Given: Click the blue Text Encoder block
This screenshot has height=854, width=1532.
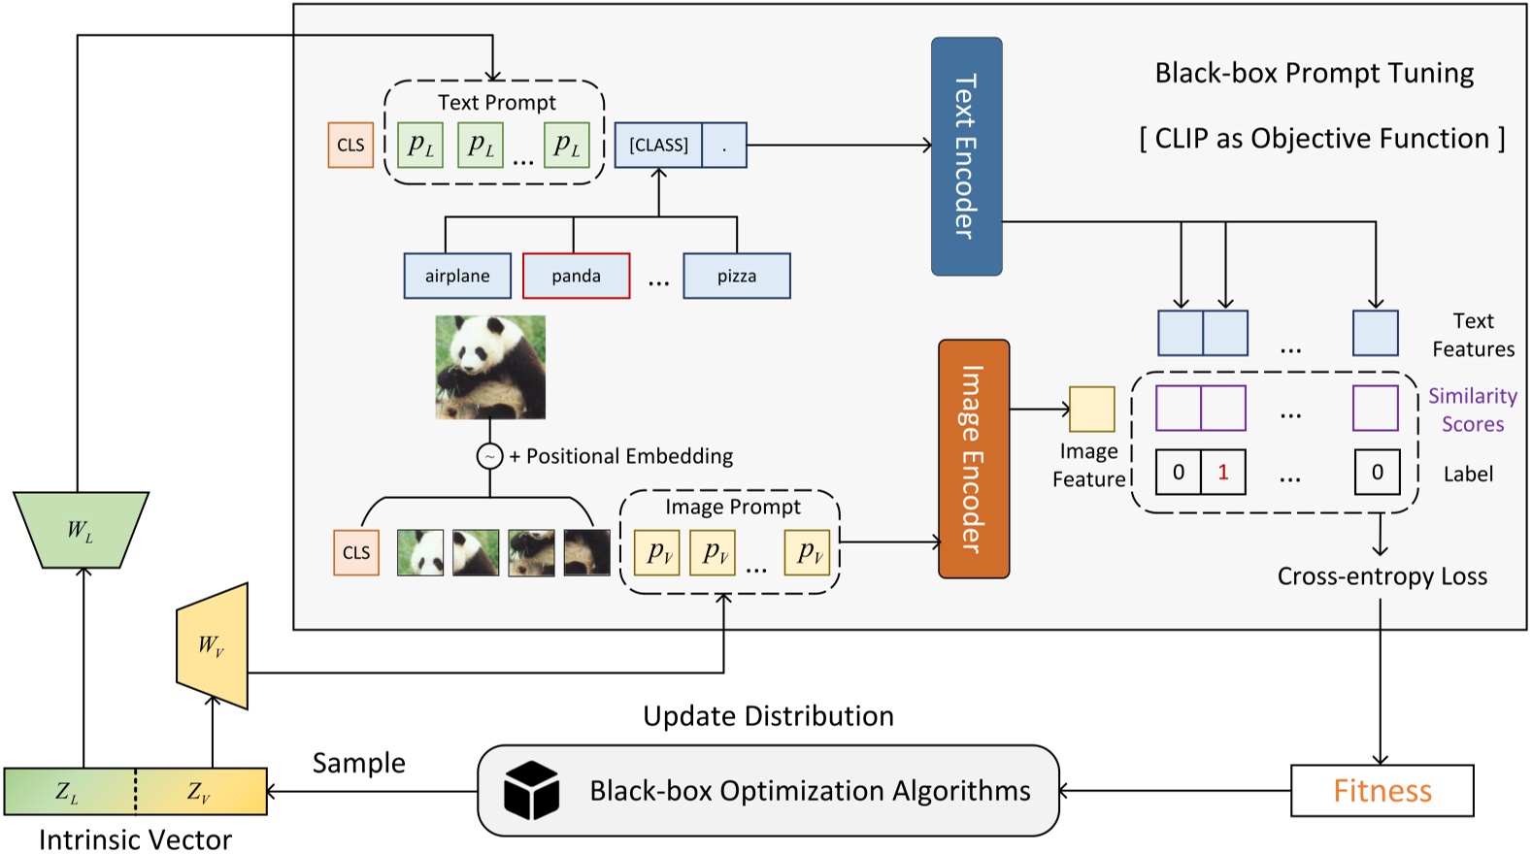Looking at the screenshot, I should click(966, 156).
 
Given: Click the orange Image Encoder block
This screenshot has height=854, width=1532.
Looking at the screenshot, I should click(974, 459).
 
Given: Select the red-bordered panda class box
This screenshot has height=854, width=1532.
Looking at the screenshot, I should click(576, 276).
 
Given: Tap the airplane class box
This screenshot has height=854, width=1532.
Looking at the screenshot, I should click(457, 276).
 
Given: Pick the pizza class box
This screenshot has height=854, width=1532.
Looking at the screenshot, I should click(736, 276).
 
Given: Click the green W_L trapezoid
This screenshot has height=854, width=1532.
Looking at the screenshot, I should click(81, 530).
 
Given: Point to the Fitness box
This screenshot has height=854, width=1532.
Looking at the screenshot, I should click(1382, 791).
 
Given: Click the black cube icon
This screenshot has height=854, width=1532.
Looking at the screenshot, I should click(531, 790).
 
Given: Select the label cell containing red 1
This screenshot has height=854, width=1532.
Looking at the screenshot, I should click(1222, 473).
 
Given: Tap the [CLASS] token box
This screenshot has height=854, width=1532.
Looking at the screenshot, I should click(658, 145).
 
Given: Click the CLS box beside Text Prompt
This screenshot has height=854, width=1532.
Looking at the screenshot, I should click(350, 145).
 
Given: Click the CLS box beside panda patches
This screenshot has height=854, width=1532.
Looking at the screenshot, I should click(356, 552).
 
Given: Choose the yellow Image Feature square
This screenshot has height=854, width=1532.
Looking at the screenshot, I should click(1091, 409).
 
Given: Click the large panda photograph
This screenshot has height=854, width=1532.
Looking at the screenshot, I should click(490, 367).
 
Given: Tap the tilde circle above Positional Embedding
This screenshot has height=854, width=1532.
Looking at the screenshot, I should click(489, 456).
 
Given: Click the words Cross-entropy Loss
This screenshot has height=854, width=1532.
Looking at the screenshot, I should click(1382, 576).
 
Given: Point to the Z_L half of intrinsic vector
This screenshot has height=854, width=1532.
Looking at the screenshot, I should click(68, 792).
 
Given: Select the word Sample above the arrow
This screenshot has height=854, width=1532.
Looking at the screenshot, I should click(358, 763).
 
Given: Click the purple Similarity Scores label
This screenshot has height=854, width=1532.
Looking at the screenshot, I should click(1472, 410).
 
